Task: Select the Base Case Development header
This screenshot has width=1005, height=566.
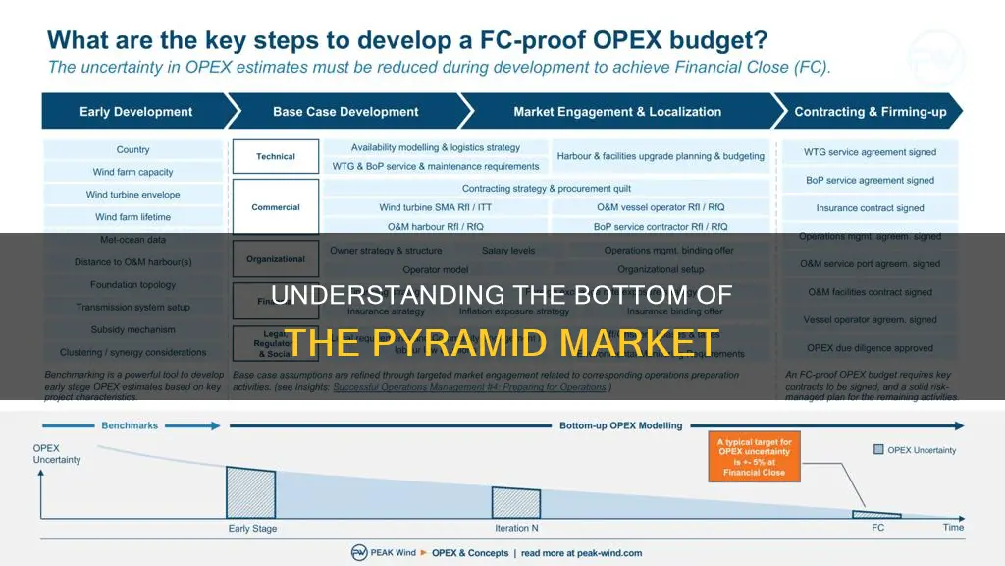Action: click(345, 111)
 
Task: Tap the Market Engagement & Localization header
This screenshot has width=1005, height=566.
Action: click(616, 111)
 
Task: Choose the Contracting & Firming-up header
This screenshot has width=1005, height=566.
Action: click(870, 111)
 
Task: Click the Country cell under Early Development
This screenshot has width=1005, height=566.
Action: click(132, 150)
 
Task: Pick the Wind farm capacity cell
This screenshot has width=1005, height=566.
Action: click(132, 173)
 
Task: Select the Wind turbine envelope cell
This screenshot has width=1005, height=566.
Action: click(132, 195)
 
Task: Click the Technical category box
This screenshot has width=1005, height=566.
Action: click(276, 156)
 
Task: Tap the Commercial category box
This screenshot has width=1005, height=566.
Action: click(276, 207)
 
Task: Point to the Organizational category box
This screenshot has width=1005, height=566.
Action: click(276, 259)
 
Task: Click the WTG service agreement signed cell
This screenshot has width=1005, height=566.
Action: click(870, 152)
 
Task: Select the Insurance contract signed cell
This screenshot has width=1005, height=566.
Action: click(870, 208)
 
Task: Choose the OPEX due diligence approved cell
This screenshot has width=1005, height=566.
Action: click(870, 347)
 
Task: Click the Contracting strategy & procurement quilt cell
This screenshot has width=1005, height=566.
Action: click(546, 188)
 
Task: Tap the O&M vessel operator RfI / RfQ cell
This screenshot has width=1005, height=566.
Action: click(661, 207)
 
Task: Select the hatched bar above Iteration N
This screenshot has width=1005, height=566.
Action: click(516, 502)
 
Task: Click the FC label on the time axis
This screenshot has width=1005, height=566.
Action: click(877, 529)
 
